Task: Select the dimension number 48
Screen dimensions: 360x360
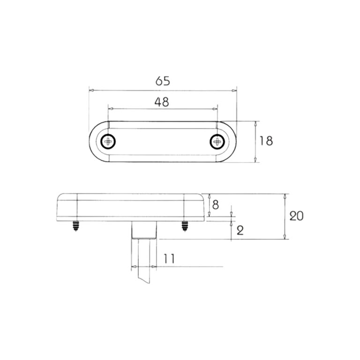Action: [x=162, y=102]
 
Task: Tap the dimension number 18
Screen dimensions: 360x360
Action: [x=266, y=141]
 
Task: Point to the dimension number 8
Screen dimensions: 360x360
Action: [x=215, y=204]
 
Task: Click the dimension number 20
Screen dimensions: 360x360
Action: [x=296, y=216]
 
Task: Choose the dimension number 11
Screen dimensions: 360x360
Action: [x=169, y=258]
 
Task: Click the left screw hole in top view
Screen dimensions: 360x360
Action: [x=109, y=141]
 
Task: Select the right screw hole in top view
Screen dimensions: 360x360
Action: [x=217, y=141]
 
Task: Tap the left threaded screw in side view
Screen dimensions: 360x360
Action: [x=76, y=226]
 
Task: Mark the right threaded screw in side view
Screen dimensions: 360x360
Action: [x=184, y=226]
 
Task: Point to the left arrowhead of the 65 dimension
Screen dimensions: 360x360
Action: [x=91, y=90]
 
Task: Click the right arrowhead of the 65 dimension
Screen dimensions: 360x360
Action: [x=235, y=90]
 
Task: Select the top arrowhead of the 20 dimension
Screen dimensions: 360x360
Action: [x=285, y=195]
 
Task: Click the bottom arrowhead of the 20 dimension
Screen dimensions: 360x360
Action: [x=285, y=237]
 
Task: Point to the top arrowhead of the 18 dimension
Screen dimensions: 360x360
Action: [x=255, y=123]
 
